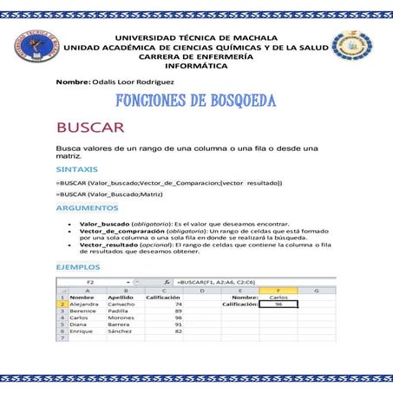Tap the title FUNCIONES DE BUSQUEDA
point(196,102)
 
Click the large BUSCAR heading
point(90,128)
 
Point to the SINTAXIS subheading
point(76,169)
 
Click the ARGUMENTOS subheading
point(86,208)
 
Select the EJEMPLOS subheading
point(77,266)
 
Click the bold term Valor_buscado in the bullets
point(104,224)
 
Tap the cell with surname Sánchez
point(121,331)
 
